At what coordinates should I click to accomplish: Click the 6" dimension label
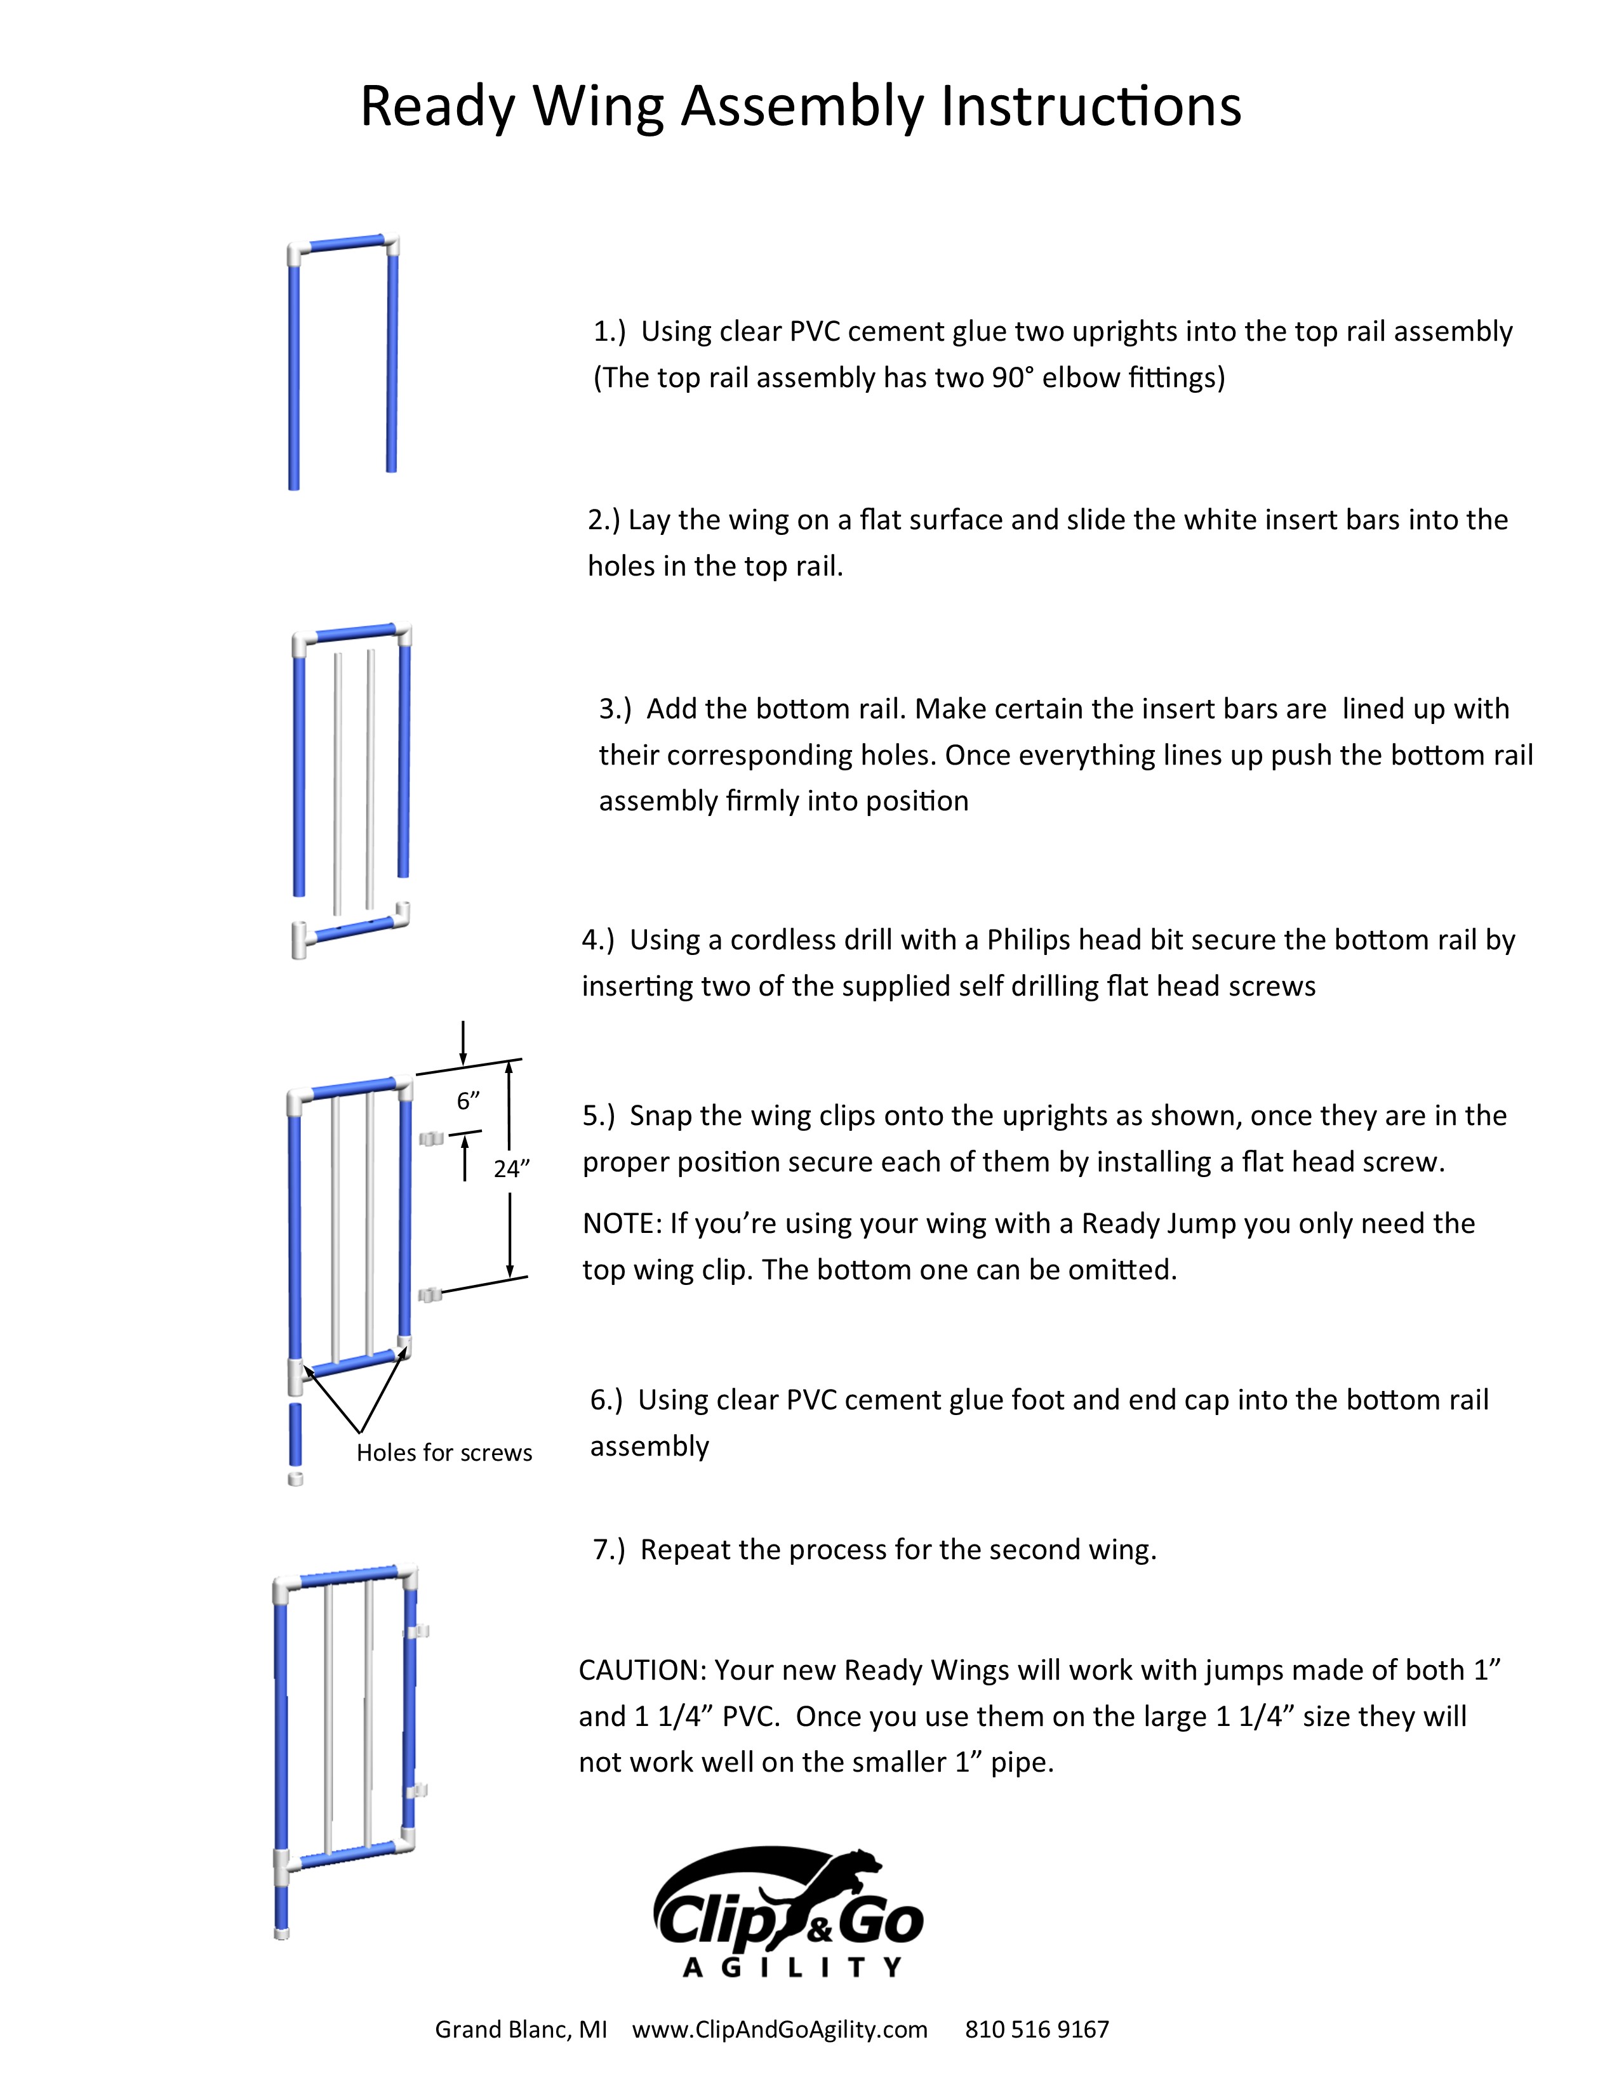[467, 1101]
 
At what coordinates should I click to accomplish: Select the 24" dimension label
[511, 1169]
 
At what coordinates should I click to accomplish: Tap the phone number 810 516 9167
[1036, 2030]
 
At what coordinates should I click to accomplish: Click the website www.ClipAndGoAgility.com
[779, 2030]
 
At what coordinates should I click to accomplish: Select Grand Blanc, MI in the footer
[521, 2030]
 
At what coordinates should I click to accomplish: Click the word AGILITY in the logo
[791, 1968]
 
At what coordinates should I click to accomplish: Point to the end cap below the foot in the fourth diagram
[295, 1478]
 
